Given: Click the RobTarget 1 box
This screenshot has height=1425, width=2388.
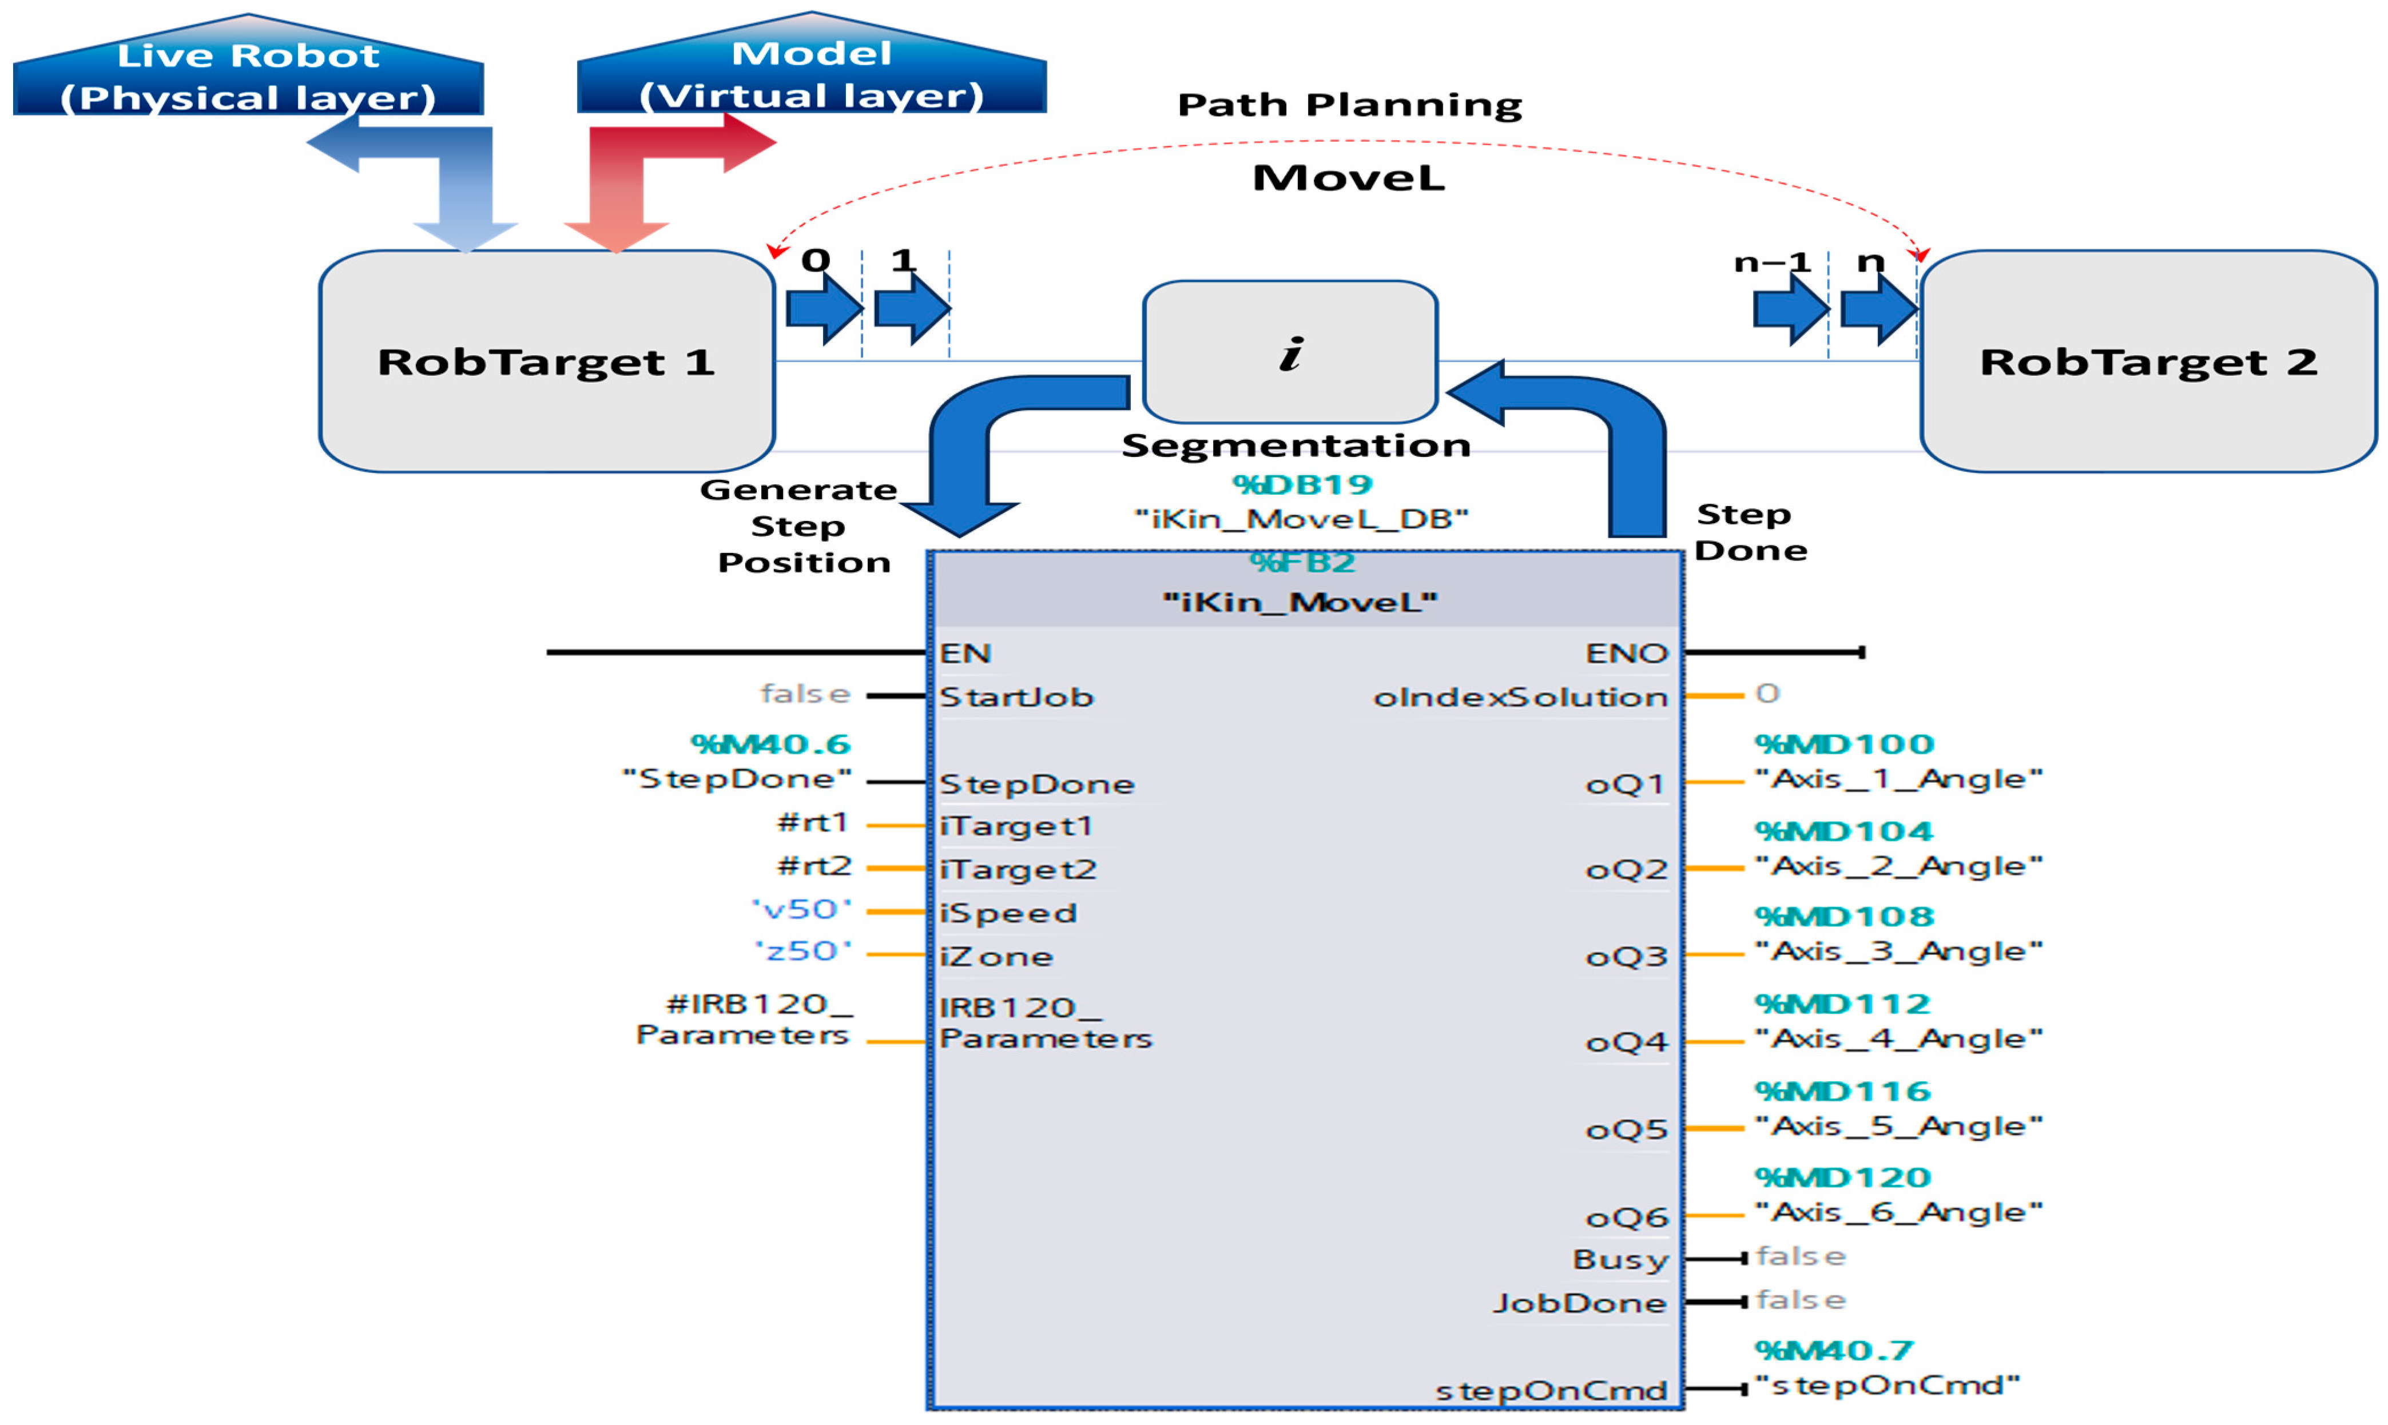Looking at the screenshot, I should (546, 361).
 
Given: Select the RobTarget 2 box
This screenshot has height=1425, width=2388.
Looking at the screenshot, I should (2148, 361).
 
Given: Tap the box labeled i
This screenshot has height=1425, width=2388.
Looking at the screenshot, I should (1290, 352).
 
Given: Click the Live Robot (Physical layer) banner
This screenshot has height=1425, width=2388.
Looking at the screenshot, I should (248, 75).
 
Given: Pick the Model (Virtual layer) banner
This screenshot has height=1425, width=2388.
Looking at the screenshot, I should (812, 73).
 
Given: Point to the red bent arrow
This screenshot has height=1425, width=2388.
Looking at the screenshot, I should (653, 173).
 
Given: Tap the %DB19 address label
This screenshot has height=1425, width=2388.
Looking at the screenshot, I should (1301, 485).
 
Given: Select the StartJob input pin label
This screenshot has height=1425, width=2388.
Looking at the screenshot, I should (1016, 697).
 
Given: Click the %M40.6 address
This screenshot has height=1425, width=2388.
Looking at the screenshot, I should (770, 744).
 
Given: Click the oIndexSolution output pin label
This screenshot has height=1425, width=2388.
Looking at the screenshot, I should (1520, 697).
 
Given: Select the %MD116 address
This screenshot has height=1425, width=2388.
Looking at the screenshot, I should (1842, 1092).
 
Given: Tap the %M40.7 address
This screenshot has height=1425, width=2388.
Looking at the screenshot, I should (1833, 1351).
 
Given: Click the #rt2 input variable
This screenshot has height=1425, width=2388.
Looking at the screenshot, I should (813, 866).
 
